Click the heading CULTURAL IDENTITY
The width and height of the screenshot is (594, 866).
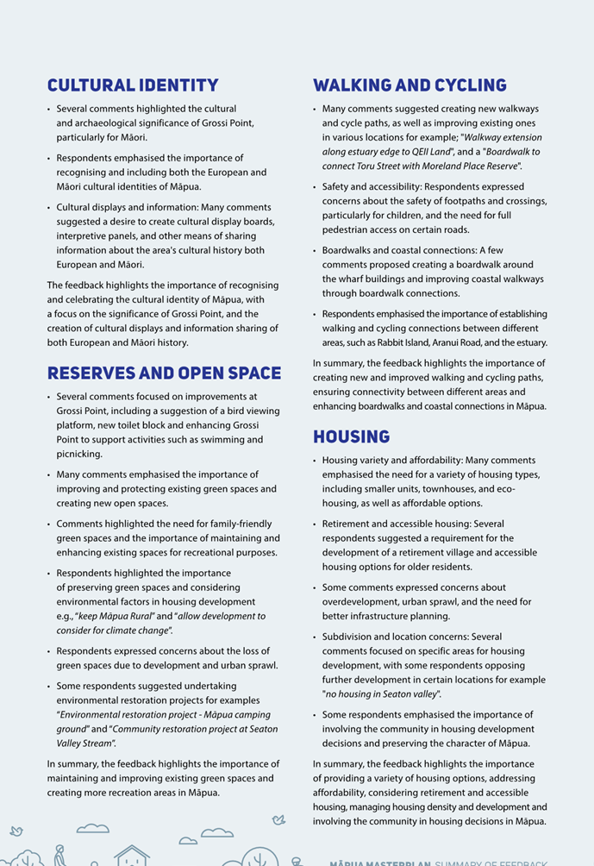[x=133, y=85]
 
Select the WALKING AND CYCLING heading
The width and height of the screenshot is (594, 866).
[x=410, y=85]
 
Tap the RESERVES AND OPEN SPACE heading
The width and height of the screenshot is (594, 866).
[x=164, y=373]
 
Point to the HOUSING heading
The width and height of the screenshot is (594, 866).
[x=351, y=436]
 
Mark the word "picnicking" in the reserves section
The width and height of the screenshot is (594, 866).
[x=79, y=454]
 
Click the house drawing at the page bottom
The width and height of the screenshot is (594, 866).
[x=131, y=855]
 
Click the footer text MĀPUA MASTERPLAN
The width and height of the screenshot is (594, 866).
[x=379, y=863]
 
